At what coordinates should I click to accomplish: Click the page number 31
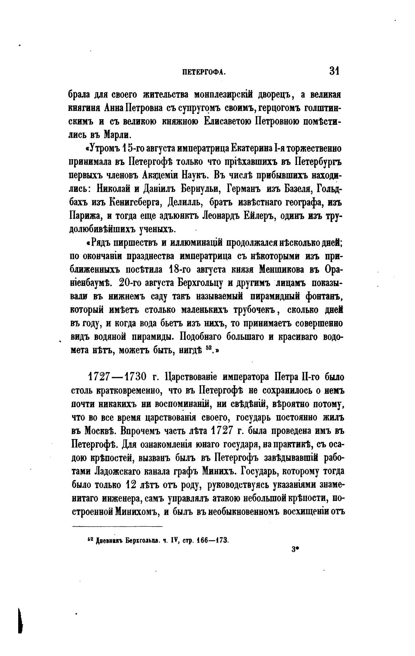[x=334, y=70]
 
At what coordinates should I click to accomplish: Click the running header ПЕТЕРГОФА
[x=204, y=72]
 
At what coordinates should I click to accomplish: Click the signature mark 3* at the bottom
[x=295, y=551]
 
